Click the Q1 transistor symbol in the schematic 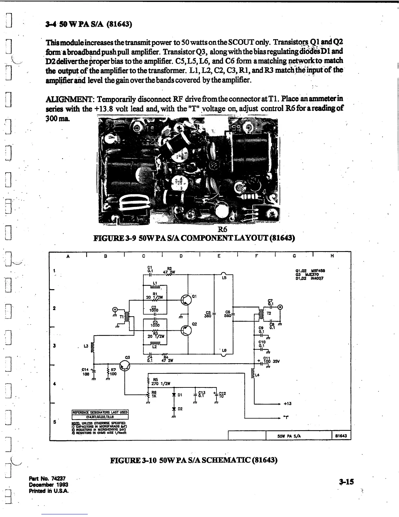click(186, 300)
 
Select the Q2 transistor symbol click(186, 330)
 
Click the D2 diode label click(180, 409)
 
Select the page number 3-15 click(346, 481)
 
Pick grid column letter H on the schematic click(332, 256)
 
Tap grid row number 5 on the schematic click(54, 421)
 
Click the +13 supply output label click(287, 403)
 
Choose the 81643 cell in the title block click(341, 436)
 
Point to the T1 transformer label click(122, 317)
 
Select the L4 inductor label click(257, 375)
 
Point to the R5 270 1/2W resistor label click(159, 382)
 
